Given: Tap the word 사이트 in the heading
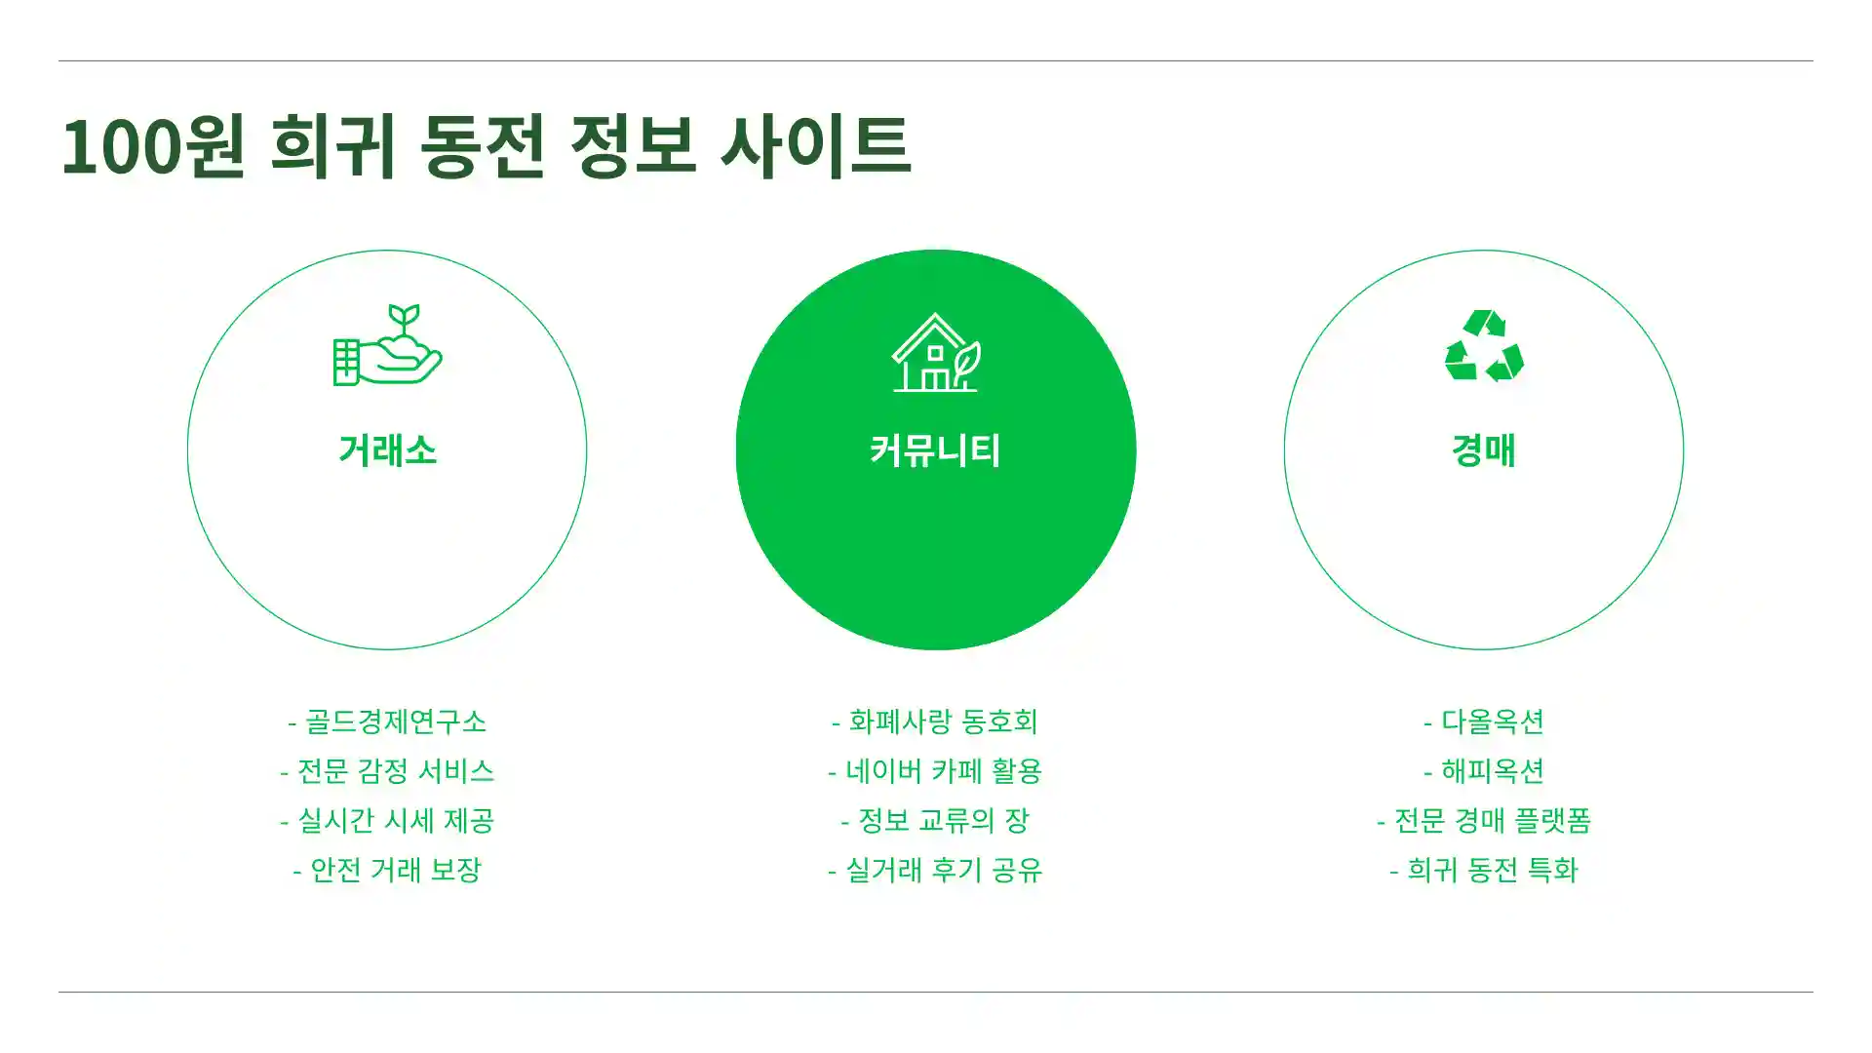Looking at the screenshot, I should [x=814, y=146].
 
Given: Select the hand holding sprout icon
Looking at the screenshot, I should [x=387, y=346].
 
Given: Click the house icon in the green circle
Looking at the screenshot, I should [x=936, y=353].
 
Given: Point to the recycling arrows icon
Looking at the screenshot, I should [x=1484, y=346].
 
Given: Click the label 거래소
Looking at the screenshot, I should [x=387, y=450].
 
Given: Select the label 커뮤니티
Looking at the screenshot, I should [x=936, y=450].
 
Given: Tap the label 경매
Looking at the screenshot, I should [x=1484, y=450].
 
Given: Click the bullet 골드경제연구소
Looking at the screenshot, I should [x=387, y=721].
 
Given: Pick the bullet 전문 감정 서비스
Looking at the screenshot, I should [x=387, y=771].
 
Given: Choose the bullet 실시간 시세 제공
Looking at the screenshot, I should [x=387, y=821].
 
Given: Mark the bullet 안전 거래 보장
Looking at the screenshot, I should [x=387, y=870].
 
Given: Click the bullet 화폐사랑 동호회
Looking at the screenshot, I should [x=935, y=721].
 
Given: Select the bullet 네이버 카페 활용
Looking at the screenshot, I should [x=935, y=771].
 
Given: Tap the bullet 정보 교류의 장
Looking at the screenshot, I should [x=935, y=821].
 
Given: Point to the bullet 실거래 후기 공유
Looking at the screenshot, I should [x=935, y=870].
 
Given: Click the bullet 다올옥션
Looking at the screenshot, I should [x=1484, y=721].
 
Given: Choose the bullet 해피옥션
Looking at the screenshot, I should [x=1484, y=771].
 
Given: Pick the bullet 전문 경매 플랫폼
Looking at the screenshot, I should [x=1484, y=821].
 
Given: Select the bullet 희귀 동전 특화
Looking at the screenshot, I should [x=1484, y=870].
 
